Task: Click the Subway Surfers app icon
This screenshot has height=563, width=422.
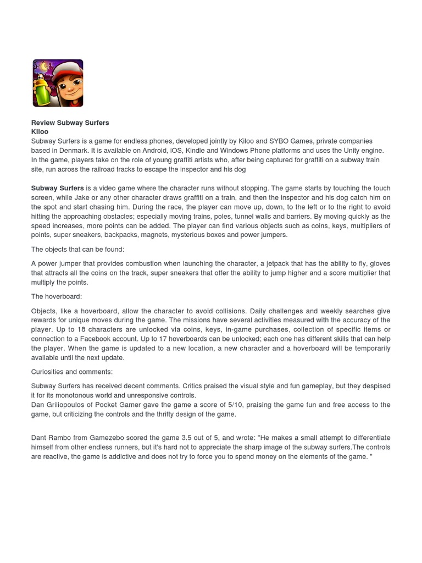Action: [x=58, y=83]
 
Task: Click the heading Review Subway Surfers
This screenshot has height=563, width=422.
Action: [x=70, y=123]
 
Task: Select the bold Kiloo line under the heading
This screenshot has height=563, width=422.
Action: [x=40, y=132]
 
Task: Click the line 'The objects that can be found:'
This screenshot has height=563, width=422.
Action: [x=77, y=249]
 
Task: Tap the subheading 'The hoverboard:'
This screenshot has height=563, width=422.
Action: [x=56, y=296]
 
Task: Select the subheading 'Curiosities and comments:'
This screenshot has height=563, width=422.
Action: [x=71, y=372]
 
